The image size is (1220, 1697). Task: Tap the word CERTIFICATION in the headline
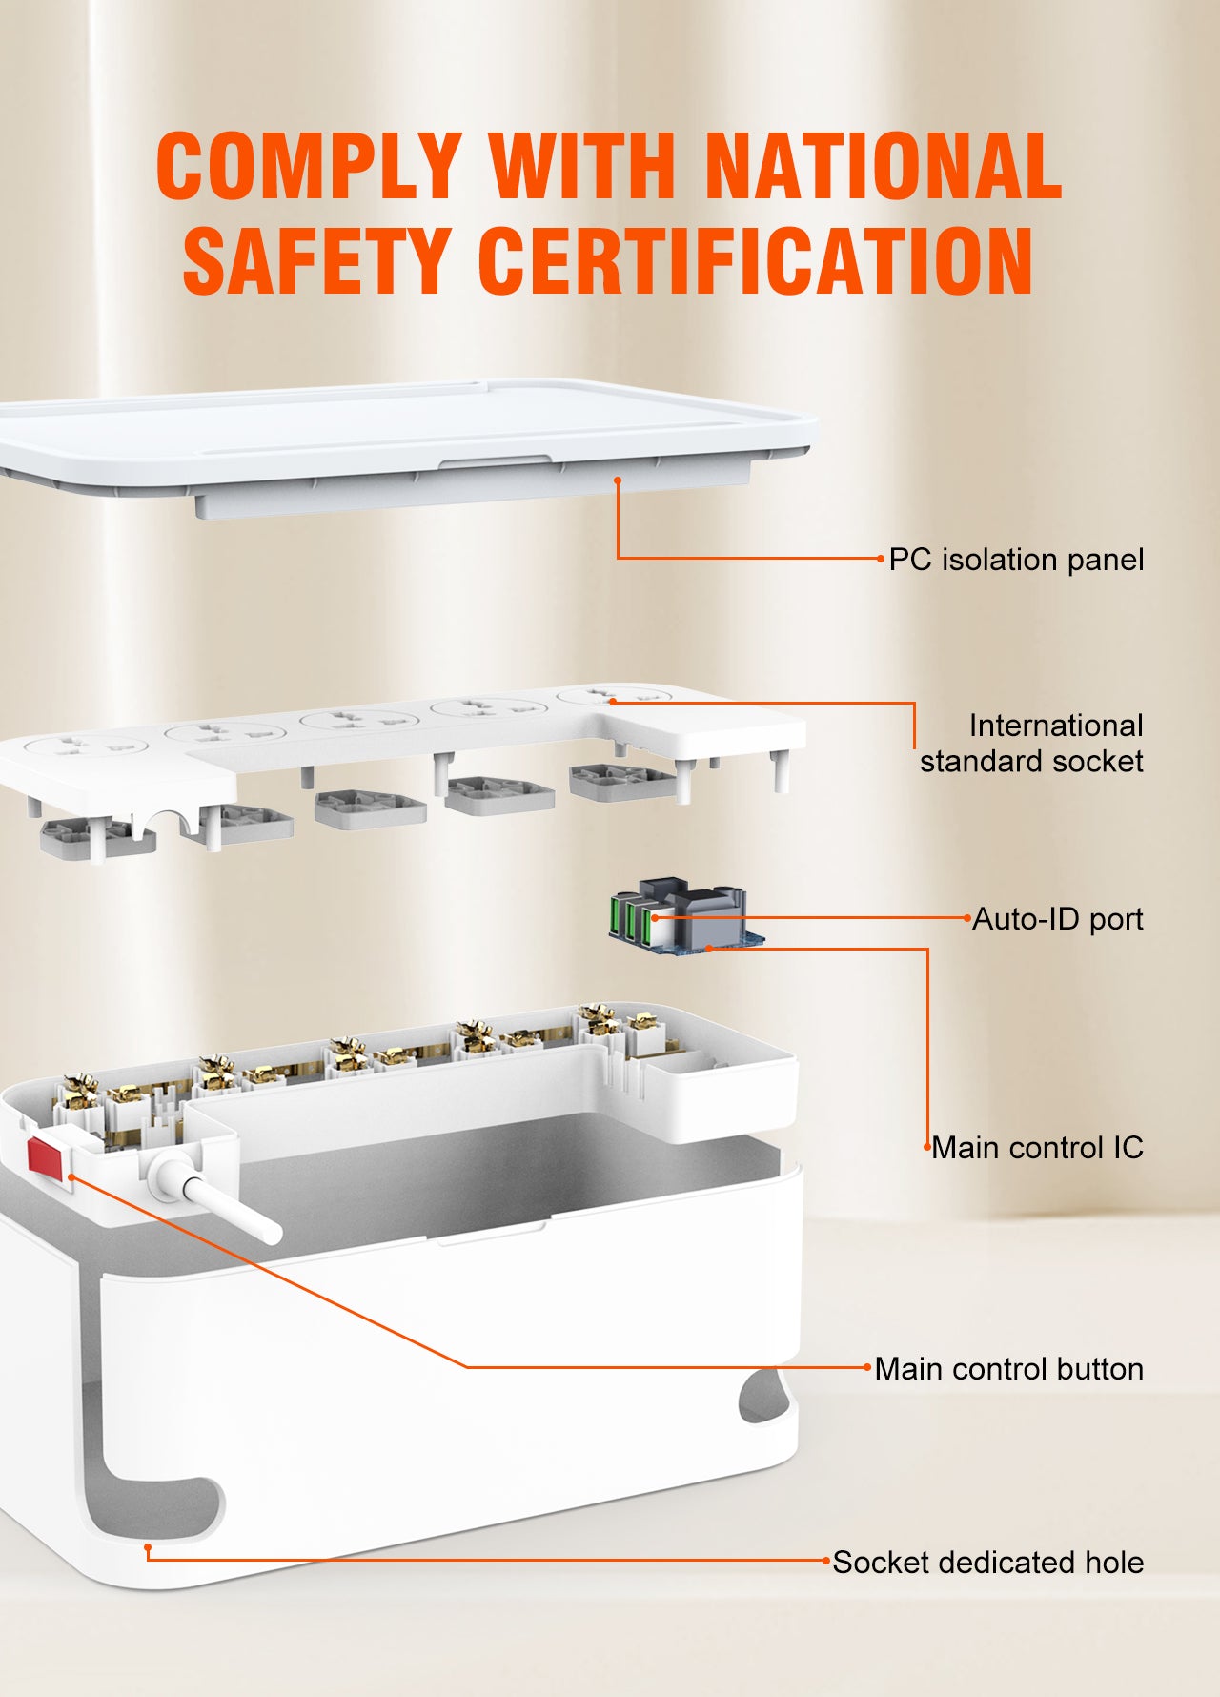click(755, 259)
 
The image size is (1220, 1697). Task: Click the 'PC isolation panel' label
click(1016, 560)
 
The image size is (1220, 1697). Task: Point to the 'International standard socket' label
click(1032, 744)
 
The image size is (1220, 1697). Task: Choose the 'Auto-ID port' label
click(1058, 919)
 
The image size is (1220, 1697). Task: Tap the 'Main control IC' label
click(1037, 1148)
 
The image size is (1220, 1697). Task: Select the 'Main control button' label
click(1009, 1369)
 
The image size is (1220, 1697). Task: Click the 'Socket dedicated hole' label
click(988, 1563)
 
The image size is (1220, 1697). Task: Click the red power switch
click(45, 1156)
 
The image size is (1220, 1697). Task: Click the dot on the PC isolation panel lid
click(618, 480)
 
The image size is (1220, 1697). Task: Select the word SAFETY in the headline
click(315, 259)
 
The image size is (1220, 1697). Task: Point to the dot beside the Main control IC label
click(926, 1148)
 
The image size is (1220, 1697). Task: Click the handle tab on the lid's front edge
click(495, 461)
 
